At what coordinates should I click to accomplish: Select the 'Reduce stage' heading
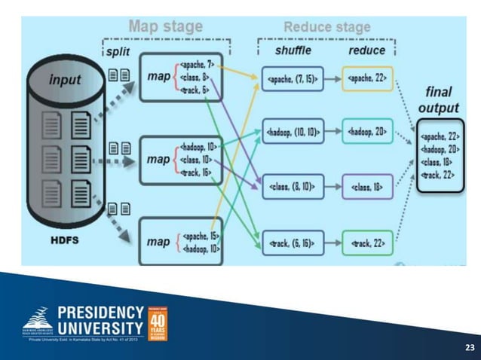pyautogui.click(x=326, y=27)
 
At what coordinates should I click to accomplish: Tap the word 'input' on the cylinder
pyautogui.click(x=65, y=79)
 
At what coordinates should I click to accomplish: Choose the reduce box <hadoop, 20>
pyautogui.click(x=367, y=132)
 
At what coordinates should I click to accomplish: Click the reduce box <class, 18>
pyautogui.click(x=367, y=187)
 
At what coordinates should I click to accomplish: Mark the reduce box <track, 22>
pyautogui.click(x=367, y=243)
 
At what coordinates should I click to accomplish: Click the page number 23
pyautogui.click(x=469, y=347)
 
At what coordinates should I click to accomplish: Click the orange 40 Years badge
pyautogui.click(x=158, y=322)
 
